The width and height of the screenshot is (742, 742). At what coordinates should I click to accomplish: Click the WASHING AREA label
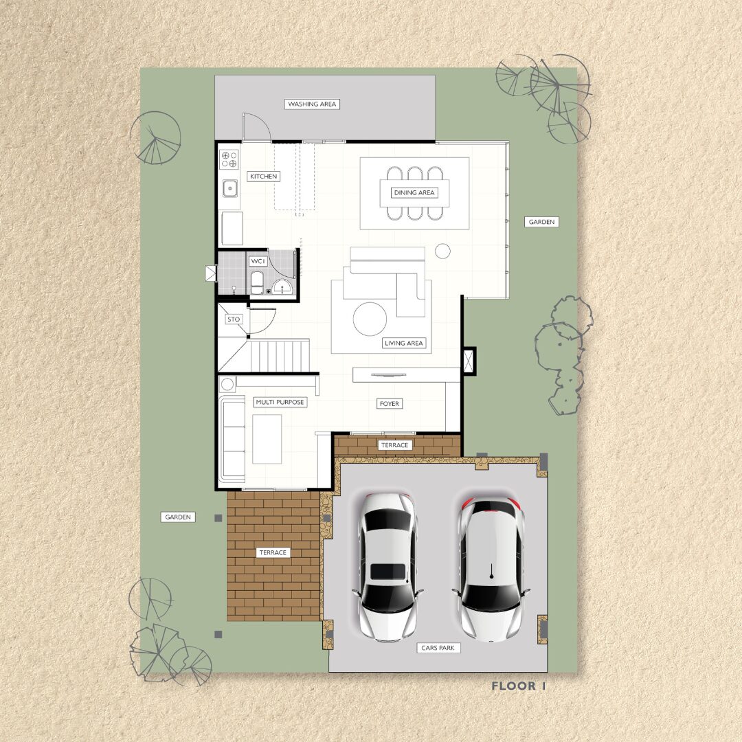pyautogui.click(x=312, y=104)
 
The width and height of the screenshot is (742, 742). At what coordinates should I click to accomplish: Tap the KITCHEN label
pyautogui.click(x=264, y=177)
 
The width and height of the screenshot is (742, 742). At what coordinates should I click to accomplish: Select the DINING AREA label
pyautogui.click(x=414, y=192)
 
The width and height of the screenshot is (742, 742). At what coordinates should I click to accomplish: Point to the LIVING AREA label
pyautogui.click(x=404, y=343)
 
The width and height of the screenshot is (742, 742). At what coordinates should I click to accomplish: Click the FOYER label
pyautogui.click(x=390, y=404)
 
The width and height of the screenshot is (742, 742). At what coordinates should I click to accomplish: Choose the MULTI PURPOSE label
pyautogui.click(x=280, y=402)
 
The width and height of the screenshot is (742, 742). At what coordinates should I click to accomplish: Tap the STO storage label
pyautogui.click(x=234, y=319)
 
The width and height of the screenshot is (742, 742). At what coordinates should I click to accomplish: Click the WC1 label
pyautogui.click(x=258, y=261)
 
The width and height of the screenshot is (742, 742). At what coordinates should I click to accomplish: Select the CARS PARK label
pyautogui.click(x=438, y=648)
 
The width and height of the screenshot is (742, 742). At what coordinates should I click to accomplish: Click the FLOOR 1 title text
pyautogui.click(x=519, y=686)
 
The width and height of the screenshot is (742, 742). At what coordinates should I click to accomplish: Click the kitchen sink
pyautogui.click(x=230, y=188)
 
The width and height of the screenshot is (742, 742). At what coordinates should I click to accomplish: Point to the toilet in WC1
pyautogui.click(x=257, y=283)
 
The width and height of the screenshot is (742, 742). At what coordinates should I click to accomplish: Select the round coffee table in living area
pyautogui.click(x=370, y=319)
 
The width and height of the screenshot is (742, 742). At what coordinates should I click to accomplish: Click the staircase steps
pyautogui.click(x=280, y=356)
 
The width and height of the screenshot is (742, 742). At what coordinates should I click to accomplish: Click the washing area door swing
pyautogui.click(x=256, y=127)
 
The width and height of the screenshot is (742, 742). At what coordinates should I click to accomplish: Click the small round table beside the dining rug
pyautogui.click(x=443, y=251)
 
